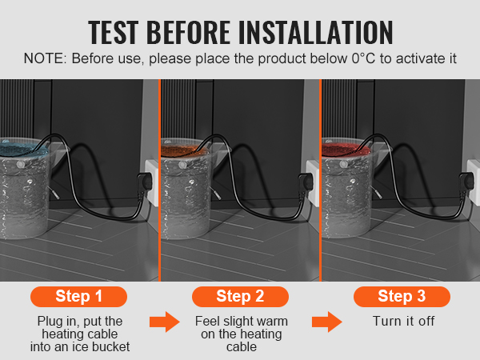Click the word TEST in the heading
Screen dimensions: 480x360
coord(114,32)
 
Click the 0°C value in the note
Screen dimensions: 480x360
coord(363,58)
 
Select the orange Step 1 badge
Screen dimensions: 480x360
coord(78,296)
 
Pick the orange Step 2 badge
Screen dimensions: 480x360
coord(240,296)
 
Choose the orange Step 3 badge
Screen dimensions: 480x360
coord(402,296)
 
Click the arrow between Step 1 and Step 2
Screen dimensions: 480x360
coord(165,322)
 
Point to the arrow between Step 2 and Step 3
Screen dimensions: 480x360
coord(327,322)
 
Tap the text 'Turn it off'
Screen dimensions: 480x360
coord(403,321)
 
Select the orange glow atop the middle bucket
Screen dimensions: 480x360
coord(184,150)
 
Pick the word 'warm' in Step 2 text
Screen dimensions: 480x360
coord(270,321)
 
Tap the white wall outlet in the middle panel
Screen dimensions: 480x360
coord(312,182)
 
